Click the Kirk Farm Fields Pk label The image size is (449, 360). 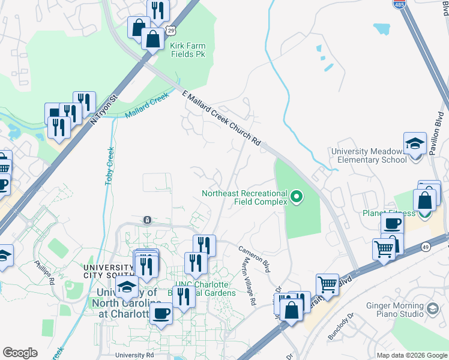point(188,49)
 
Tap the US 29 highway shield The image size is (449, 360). point(172,29)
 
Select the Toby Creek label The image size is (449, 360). point(110,165)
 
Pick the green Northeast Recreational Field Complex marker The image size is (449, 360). point(296,196)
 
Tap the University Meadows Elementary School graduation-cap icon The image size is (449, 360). point(414,144)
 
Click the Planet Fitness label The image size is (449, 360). point(388,213)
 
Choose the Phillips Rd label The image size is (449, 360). point(44,272)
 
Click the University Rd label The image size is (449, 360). point(134,355)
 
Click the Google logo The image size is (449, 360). point(20,353)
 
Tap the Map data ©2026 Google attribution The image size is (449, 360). point(411,355)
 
